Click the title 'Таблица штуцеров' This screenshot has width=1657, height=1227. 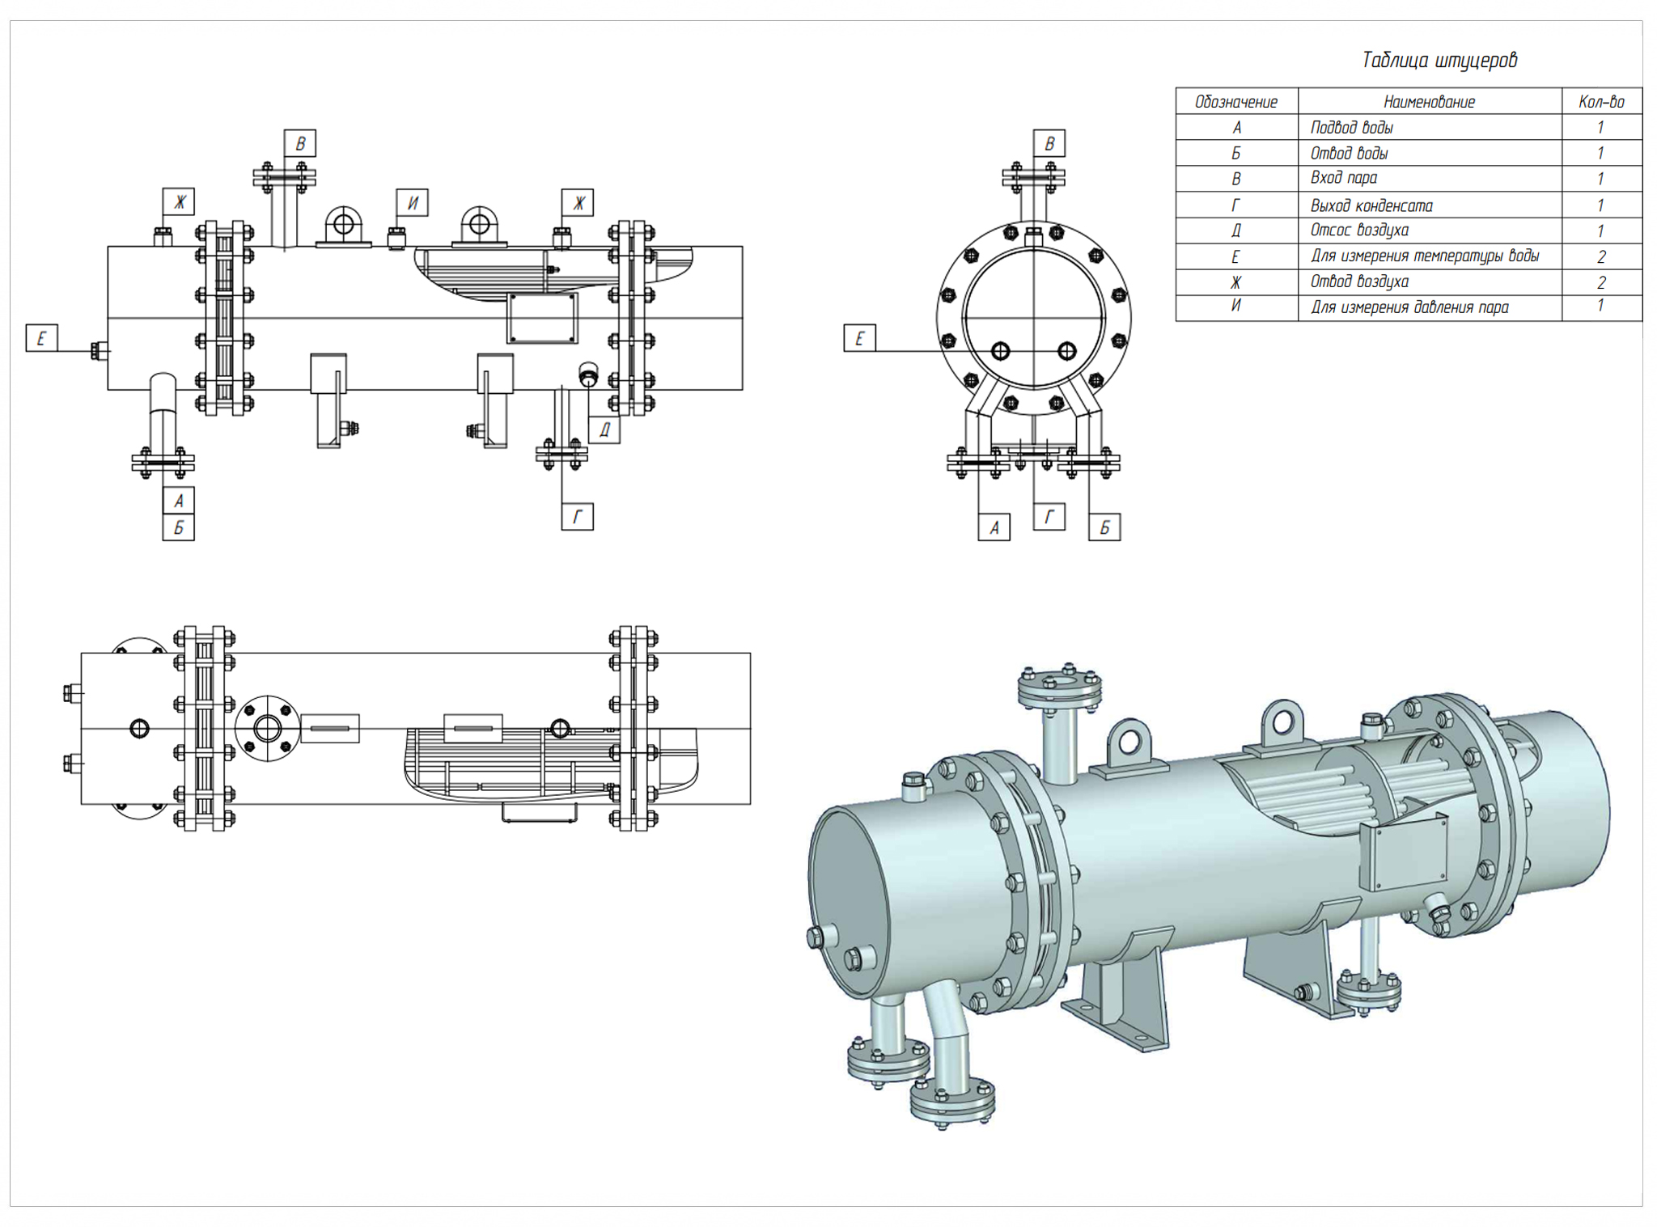pyautogui.click(x=1439, y=61)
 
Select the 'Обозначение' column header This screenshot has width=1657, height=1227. pyautogui.click(x=1235, y=102)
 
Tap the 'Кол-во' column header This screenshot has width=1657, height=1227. pyautogui.click(x=1600, y=102)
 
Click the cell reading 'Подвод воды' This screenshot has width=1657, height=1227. pyautogui.click(x=1351, y=128)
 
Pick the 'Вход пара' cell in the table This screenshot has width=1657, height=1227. pyautogui.click(x=1343, y=178)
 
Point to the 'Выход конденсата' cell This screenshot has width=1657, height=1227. pyautogui.click(x=1371, y=205)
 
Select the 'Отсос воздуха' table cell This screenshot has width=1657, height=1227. pyautogui.click(x=1359, y=231)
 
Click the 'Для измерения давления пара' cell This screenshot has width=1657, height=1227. pyautogui.click(x=1409, y=307)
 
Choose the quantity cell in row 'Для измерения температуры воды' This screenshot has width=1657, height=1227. pyautogui.click(x=1600, y=257)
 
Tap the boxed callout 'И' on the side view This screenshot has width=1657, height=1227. pyautogui.click(x=412, y=202)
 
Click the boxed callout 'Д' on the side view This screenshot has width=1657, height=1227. pyautogui.click(x=604, y=430)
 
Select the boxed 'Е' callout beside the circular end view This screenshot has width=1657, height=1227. pyautogui.click(x=859, y=338)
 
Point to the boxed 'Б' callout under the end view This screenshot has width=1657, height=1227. pyautogui.click(x=1104, y=528)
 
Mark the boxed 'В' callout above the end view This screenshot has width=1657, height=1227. pyautogui.click(x=1049, y=143)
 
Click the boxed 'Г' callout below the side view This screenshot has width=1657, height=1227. pyautogui.click(x=577, y=517)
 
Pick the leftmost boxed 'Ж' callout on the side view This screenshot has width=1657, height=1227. pyautogui.click(x=179, y=201)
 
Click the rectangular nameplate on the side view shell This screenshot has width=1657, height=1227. pyautogui.click(x=542, y=318)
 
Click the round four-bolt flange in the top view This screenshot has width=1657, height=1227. pyautogui.click(x=267, y=728)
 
